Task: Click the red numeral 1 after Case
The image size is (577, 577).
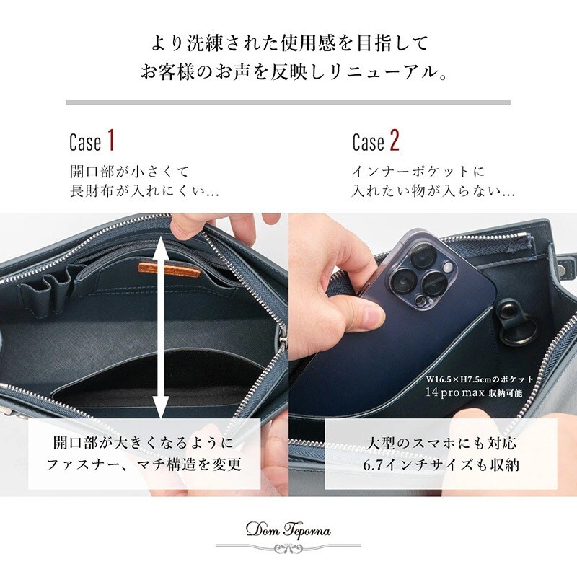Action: click(111, 140)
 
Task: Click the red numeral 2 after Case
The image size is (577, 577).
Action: click(395, 140)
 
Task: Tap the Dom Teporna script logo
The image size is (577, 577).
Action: click(288, 530)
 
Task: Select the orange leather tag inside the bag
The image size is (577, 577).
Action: click(169, 269)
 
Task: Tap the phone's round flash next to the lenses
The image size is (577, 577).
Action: click(448, 267)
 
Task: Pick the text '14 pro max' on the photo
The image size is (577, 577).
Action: click(455, 392)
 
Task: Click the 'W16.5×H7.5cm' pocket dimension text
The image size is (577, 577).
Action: click(459, 379)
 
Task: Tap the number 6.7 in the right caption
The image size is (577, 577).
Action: click(372, 465)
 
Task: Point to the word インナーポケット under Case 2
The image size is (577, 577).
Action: click(406, 172)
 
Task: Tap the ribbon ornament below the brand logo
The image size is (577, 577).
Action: click(288, 549)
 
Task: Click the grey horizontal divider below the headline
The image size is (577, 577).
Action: click(288, 102)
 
